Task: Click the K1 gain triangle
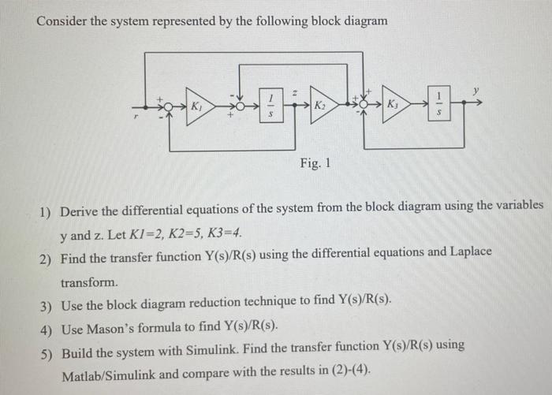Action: pyautogui.click(x=200, y=106)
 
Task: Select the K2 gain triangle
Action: pyautogui.click(x=322, y=106)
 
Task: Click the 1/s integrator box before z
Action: pyautogui.click(x=270, y=105)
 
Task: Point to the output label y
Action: pyautogui.click(x=476, y=91)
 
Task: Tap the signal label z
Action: pyautogui.click(x=293, y=92)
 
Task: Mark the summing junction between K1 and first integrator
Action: pyautogui.click(x=234, y=106)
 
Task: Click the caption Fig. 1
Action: pyautogui.click(x=315, y=164)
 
